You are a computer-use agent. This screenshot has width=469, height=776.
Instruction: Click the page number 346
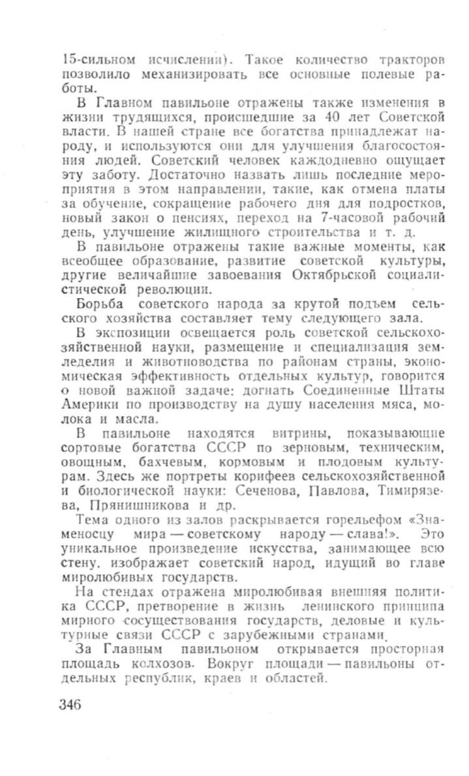70,705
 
